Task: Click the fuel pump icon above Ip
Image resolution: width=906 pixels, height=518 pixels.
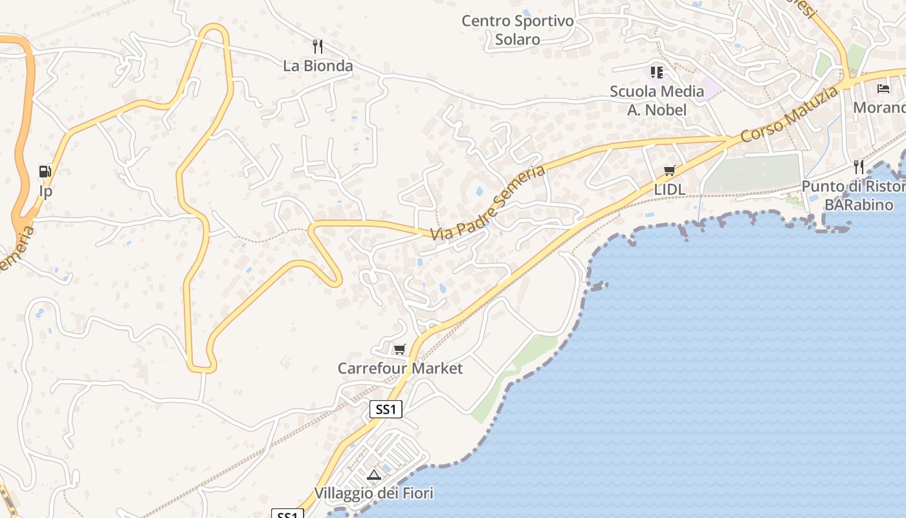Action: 45,172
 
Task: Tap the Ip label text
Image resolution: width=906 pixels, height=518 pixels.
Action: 45,191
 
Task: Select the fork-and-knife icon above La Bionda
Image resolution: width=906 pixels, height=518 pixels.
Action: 317,47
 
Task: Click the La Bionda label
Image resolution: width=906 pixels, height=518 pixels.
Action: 318,66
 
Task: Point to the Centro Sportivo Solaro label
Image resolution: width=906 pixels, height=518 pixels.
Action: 517,30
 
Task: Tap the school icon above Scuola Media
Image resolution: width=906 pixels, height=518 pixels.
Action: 657,72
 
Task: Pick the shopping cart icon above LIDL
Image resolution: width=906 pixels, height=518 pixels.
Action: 669,171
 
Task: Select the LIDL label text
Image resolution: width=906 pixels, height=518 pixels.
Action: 669,190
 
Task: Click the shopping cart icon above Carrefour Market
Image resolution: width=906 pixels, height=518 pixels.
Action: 399,350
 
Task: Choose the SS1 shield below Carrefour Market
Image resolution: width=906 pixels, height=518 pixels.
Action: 386,409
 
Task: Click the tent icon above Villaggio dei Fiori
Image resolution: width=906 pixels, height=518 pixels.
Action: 373,475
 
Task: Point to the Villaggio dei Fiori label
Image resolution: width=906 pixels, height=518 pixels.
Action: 373,493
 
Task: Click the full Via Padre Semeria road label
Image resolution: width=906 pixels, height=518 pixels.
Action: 489,202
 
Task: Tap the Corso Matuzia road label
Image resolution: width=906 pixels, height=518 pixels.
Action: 790,115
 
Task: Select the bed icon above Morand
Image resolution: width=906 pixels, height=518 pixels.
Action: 883,88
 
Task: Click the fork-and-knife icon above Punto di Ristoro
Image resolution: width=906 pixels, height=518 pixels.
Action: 858,167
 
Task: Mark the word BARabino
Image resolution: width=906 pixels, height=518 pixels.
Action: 858,205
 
